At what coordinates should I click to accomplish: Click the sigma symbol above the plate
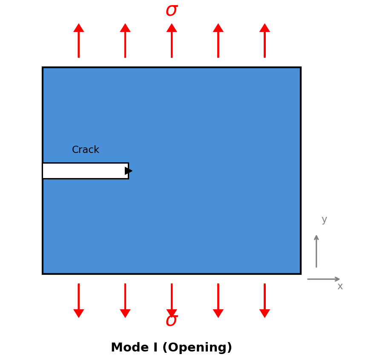(171, 10)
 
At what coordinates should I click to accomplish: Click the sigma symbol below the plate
(171, 321)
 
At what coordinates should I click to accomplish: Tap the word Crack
(86, 150)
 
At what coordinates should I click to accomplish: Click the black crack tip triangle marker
(128, 171)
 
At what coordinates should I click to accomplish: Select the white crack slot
(83, 171)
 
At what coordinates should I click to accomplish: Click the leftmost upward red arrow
(79, 40)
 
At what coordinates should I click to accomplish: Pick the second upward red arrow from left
(125, 40)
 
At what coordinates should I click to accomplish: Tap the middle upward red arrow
(172, 40)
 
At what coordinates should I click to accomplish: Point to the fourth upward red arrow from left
(218, 40)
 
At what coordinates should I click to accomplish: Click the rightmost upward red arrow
(265, 40)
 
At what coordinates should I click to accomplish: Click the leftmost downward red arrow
(79, 300)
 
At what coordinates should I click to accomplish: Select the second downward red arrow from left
(125, 300)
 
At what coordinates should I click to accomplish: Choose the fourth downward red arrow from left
(218, 300)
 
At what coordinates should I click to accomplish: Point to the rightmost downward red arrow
(265, 300)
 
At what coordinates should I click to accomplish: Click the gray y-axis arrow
(316, 251)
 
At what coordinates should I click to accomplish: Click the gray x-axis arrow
(324, 279)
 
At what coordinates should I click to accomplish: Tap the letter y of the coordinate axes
(324, 220)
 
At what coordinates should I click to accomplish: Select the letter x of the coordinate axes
(340, 287)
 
